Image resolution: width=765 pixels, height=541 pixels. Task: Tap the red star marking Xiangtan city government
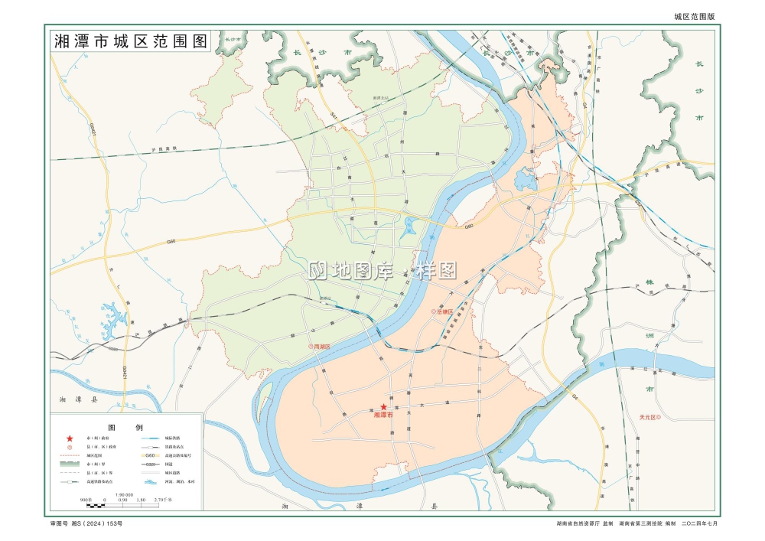(383, 407)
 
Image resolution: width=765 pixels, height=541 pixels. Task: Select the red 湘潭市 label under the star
(383, 416)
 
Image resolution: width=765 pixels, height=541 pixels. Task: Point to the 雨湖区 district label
(319, 346)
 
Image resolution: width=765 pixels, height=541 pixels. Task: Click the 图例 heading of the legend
(125, 427)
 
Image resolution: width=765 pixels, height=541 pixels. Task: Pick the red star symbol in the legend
(70, 438)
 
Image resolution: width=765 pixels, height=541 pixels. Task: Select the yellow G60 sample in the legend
(151, 455)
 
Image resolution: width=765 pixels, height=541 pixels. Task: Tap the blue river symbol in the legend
(151, 482)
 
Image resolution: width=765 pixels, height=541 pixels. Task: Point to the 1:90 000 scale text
(125, 494)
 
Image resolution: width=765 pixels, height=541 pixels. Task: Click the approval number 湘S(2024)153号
(86, 523)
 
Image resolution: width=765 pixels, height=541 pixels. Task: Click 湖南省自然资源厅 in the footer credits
(579, 523)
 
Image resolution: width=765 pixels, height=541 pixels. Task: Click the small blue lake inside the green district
(411, 226)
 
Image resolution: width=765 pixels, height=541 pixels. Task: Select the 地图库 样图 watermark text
(382, 269)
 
